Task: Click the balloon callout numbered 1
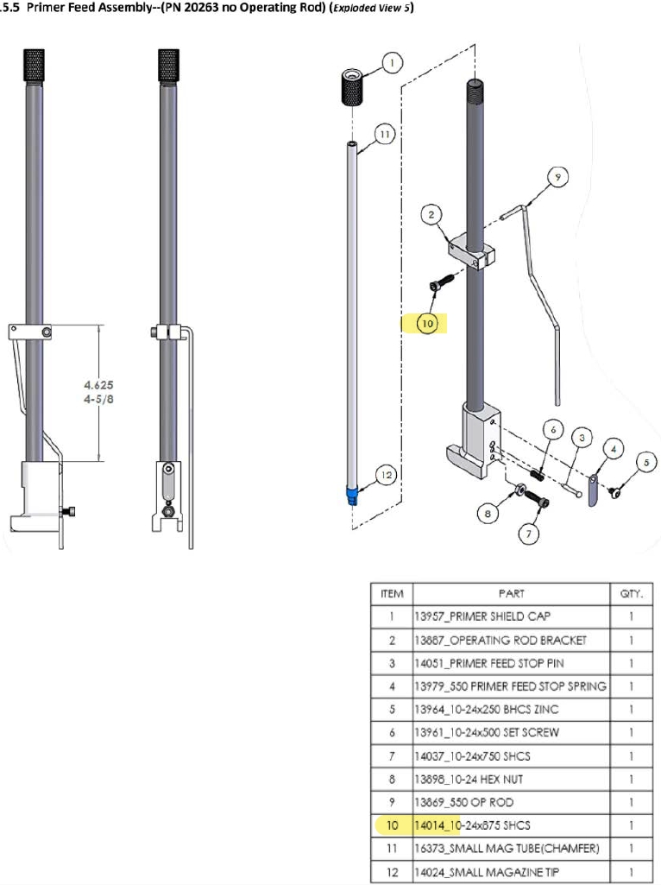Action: pos(392,62)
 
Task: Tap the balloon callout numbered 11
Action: pos(385,135)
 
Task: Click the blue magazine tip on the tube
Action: pos(353,495)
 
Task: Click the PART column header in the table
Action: pos(512,593)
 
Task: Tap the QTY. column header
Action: pos(632,593)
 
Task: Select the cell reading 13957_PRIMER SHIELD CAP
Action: pos(512,616)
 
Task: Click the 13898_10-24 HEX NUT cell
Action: pos(512,779)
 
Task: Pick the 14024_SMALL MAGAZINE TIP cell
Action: pos(512,872)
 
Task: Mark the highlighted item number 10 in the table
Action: pos(393,825)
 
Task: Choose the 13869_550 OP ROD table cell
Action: pos(512,802)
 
